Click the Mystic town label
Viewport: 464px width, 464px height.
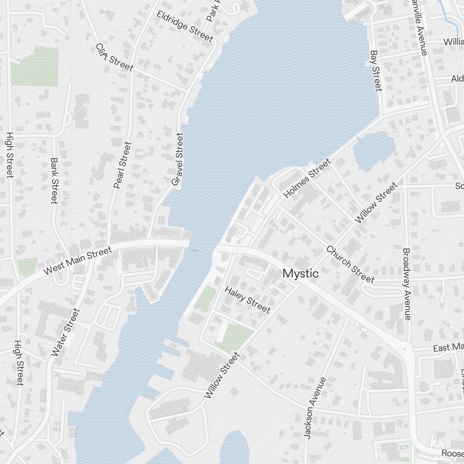tap(301, 274)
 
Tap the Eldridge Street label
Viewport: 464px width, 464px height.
tap(185, 26)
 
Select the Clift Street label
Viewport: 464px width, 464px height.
tap(114, 58)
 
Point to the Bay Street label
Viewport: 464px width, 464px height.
tap(375, 71)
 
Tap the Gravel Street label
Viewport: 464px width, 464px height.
tap(178, 160)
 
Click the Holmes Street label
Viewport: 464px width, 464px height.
tap(307, 178)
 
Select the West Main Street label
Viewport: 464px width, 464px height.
tap(77, 260)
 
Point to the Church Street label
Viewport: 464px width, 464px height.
tap(350, 264)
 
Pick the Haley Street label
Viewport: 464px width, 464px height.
tap(247, 300)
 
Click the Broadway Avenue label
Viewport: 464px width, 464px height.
tap(407, 284)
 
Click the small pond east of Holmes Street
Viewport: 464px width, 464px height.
tap(374, 150)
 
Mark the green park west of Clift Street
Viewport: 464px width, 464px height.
tap(35, 66)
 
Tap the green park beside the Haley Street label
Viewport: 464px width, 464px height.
tap(205, 298)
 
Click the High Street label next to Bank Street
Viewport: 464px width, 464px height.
tap(9, 155)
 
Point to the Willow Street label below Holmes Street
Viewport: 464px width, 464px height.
tap(376, 202)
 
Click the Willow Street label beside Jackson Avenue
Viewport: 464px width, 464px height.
tap(222, 375)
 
